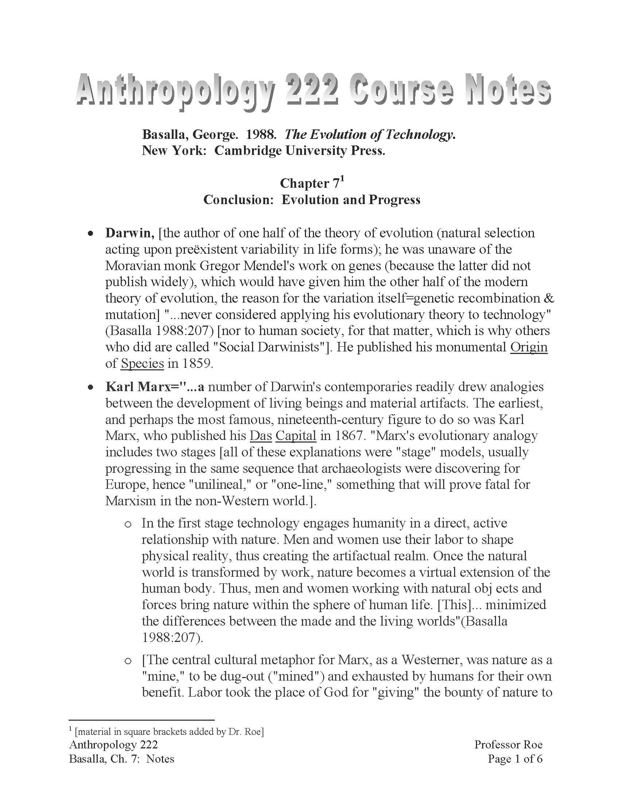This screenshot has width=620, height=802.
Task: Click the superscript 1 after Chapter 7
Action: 342,179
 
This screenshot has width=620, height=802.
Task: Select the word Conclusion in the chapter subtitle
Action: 237,200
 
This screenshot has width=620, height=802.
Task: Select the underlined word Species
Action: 142,363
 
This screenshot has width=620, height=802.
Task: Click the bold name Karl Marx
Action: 138,387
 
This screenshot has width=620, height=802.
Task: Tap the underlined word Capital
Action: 296,436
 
